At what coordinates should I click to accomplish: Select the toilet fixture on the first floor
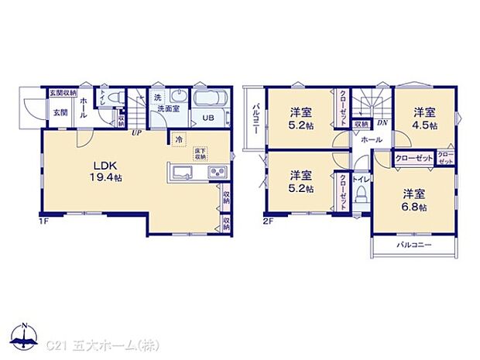pyautogui.click(x=113, y=98)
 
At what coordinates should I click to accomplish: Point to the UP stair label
pyautogui.click(x=135, y=133)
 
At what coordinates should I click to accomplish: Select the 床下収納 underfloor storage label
pyautogui.click(x=200, y=153)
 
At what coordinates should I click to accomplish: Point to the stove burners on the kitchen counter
pyautogui.click(x=217, y=172)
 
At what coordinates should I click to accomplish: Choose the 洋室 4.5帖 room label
pyautogui.click(x=423, y=118)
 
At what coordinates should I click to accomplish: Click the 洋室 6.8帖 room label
pyautogui.click(x=414, y=198)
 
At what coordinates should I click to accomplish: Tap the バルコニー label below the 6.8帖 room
pyautogui.click(x=414, y=245)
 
